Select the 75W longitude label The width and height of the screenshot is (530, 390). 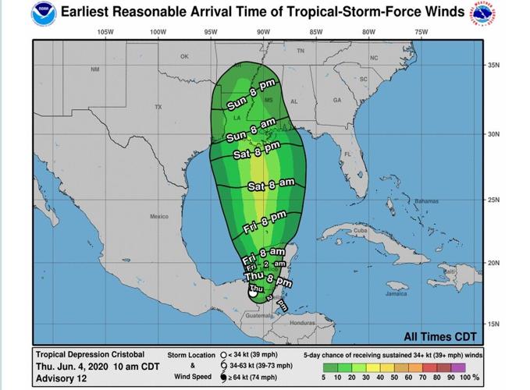422,32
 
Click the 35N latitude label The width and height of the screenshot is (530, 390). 493,65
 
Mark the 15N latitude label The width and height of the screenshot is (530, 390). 493,323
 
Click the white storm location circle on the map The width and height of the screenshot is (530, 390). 253,294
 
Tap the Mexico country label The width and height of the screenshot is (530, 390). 159,216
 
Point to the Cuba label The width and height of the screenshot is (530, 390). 359,232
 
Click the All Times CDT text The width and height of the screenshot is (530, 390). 439,336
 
